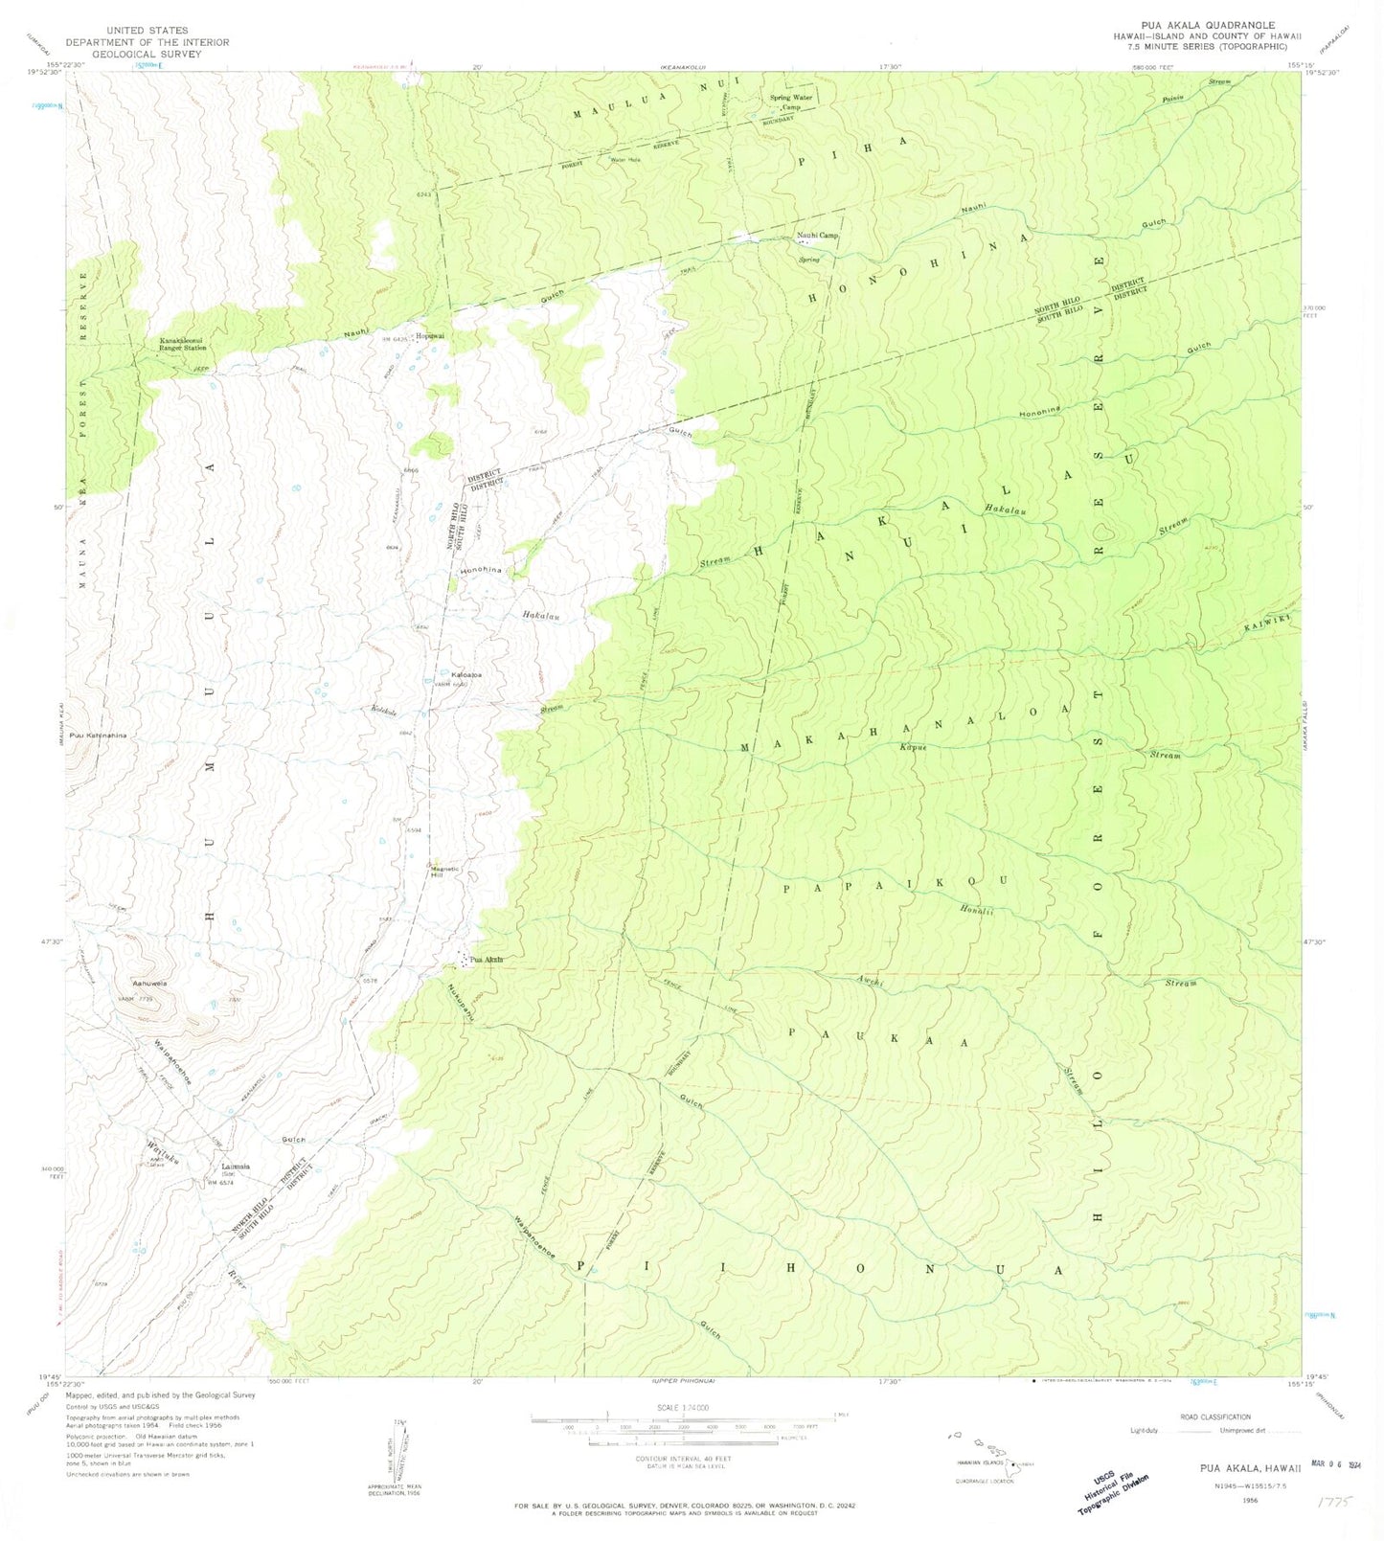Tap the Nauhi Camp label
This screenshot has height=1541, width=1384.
tap(817, 236)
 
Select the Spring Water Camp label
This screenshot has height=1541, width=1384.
tap(791, 102)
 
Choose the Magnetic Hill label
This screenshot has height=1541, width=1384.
tap(444, 872)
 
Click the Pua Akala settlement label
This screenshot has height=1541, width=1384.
tap(486, 959)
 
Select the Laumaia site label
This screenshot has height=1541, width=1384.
tap(235, 1167)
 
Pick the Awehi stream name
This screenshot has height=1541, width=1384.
tap(871, 981)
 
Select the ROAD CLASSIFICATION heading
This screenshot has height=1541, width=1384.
tap(1215, 1416)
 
